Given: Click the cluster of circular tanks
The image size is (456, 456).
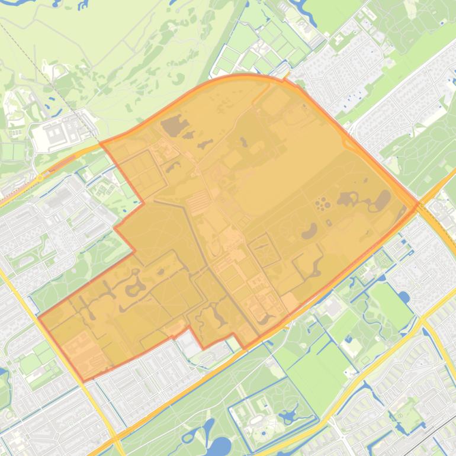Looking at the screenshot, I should point(323,204).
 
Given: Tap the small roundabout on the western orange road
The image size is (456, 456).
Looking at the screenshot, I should point(40,176).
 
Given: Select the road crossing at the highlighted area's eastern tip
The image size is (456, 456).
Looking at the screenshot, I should point(418,207).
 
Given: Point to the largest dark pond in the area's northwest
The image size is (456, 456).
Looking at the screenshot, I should point(172,125).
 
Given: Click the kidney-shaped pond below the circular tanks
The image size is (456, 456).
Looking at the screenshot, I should point(309,231).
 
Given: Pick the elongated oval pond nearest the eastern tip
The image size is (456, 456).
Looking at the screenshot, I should point(382,201).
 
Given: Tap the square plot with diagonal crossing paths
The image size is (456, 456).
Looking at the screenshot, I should point(264,251).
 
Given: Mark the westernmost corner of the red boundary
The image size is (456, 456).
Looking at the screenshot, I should point(39,318).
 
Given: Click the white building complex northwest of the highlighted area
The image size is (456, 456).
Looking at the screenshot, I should point(59,133).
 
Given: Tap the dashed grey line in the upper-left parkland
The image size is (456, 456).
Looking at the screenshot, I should point(36,65).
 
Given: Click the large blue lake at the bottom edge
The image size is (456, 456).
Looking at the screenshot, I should point(220,447).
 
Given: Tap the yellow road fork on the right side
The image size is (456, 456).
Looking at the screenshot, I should point(422,323).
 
